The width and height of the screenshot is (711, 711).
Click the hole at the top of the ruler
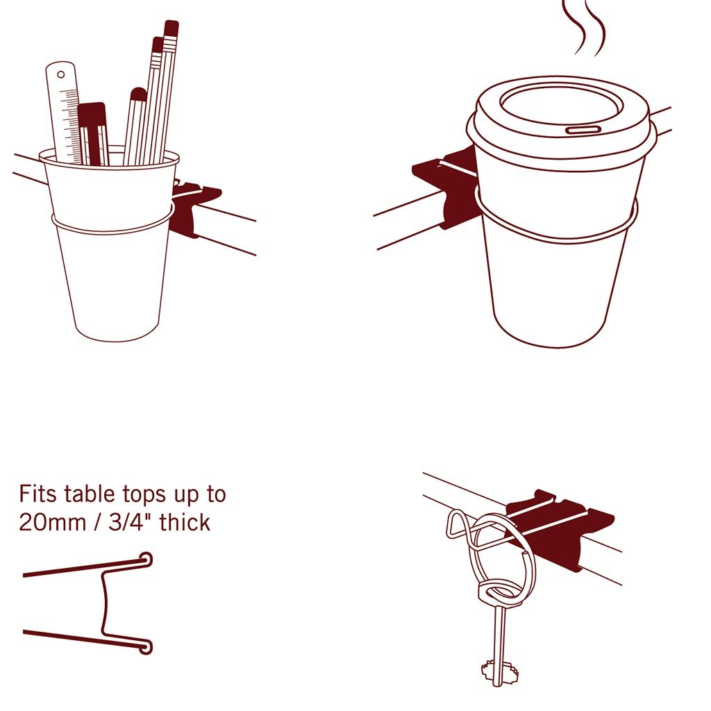click(x=60, y=72)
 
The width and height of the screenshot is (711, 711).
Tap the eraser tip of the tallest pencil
click(x=171, y=28)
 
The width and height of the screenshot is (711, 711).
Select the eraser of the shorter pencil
click(x=158, y=44)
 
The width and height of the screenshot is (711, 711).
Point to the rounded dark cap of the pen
click(x=139, y=94)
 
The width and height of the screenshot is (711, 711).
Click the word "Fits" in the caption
click(x=39, y=494)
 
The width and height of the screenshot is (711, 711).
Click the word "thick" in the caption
click(x=185, y=522)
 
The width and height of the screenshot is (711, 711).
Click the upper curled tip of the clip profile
click(x=147, y=558)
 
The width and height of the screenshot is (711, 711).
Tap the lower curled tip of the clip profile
click(x=147, y=647)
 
